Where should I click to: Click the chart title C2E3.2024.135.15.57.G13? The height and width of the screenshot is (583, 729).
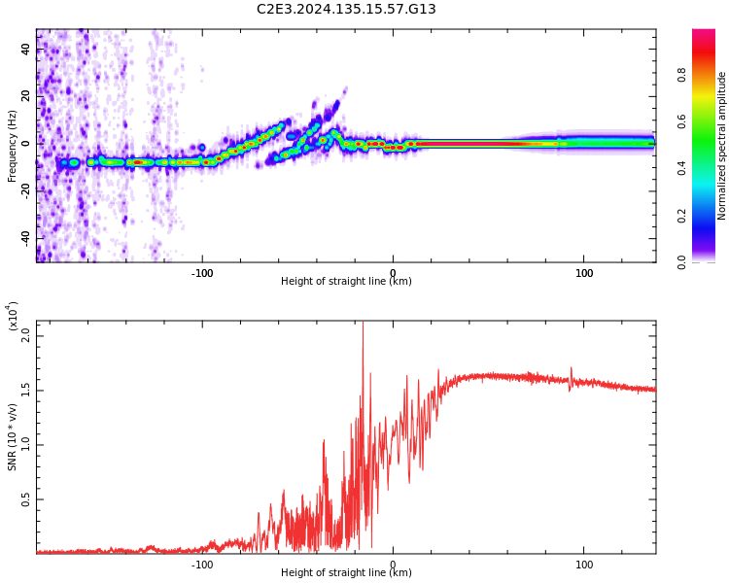(346, 10)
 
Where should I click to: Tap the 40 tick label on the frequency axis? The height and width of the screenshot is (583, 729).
(27, 50)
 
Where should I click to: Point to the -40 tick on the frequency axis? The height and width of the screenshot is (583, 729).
(27, 238)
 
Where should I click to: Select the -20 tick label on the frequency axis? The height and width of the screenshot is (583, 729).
(27, 191)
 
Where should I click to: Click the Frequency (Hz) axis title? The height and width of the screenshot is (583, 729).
(12, 146)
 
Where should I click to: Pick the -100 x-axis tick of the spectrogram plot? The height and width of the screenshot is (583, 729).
(201, 273)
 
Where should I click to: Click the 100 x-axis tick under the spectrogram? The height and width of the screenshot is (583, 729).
(584, 273)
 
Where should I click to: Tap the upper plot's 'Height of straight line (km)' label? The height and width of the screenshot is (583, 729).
(346, 282)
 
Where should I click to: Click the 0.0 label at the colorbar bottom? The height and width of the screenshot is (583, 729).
(710, 261)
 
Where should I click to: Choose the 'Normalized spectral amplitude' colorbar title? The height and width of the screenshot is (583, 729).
(722, 146)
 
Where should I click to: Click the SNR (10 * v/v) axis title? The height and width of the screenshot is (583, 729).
(13, 437)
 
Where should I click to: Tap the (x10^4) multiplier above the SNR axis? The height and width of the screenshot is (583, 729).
(13, 317)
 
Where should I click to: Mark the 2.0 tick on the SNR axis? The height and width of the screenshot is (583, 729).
(27, 335)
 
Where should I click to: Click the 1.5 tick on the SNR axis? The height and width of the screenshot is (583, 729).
(27, 390)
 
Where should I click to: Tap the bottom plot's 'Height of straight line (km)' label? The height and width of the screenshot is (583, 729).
(346, 573)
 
